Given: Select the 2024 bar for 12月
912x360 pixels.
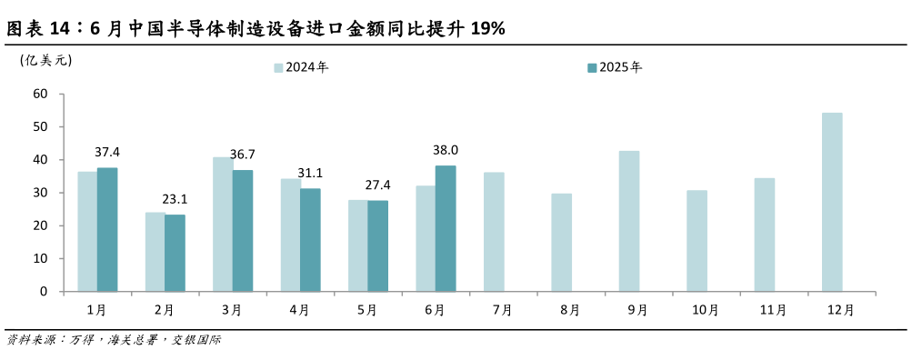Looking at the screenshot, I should (x=832, y=202).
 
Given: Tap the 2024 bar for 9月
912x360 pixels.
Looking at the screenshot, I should (x=629, y=221).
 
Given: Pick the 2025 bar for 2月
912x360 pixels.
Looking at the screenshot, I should (x=175, y=253).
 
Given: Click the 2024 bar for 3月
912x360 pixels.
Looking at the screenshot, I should (x=223, y=225).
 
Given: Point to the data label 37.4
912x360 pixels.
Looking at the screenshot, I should (x=107, y=152).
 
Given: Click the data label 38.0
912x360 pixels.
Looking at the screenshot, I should (x=446, y=150).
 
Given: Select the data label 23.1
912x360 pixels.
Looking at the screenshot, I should (x=175, y=198).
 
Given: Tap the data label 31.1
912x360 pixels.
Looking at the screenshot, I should (x=310, y=173).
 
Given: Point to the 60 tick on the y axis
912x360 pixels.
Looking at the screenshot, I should (x=40, y=94).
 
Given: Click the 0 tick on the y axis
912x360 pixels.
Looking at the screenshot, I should (x=44, y=292).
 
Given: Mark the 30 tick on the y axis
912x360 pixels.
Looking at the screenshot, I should (x=40, y=193).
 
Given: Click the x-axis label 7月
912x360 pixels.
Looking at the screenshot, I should (x=502, y=310).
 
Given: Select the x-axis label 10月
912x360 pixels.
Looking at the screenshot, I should (x=705, y=310).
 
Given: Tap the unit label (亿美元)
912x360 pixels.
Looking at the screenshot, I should (x=45, y=60).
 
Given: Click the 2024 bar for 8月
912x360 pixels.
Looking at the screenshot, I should (x=562, y=243).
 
